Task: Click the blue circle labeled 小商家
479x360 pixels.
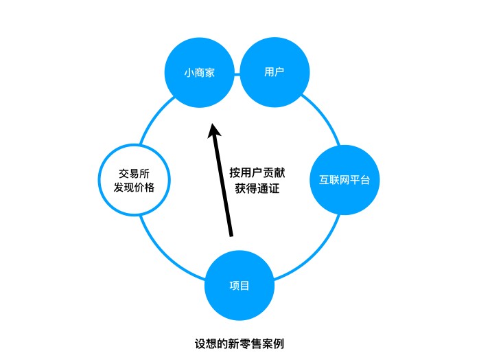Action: tap(200, 72)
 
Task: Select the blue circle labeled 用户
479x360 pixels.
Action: tap(274, 72)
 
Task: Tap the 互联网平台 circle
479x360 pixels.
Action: tap(344, 181)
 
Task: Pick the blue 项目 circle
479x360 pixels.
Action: tap(239, 285)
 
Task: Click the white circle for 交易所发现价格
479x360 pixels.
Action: tap(134, 179)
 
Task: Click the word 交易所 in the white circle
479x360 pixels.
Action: tap(134, 172)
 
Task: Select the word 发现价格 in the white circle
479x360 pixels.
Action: tap(134, 187)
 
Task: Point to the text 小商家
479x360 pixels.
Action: tap(200, 72)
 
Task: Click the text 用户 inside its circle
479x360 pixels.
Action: tap(274, 72)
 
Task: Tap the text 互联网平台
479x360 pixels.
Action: tap(344, 181)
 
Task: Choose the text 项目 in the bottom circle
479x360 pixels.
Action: tap(239, 285)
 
